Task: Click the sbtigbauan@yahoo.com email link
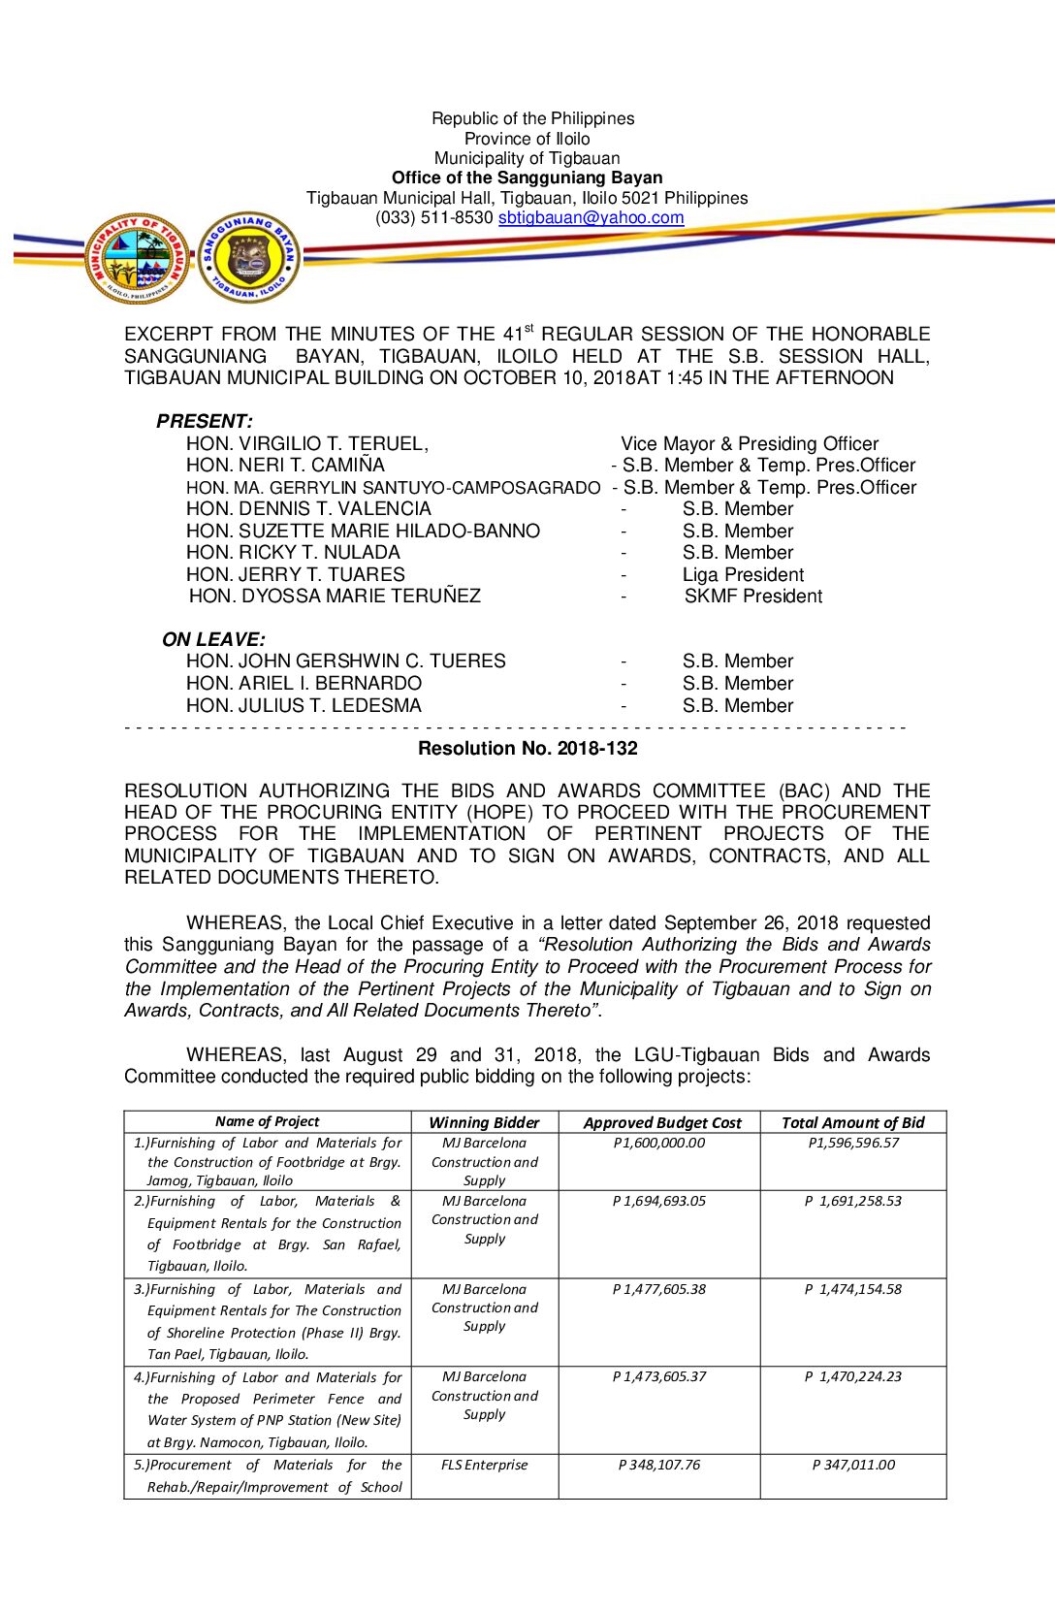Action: tap(591, 218)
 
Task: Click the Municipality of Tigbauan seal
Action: tap(138, 259)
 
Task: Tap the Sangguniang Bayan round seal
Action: tap(249, 259)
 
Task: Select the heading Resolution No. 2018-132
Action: tap(527, 749)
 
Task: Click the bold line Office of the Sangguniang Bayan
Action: tap(527, 178)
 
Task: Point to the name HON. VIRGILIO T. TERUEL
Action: tap(307, 444)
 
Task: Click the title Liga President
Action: tap(743, 575)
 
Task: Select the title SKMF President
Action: tap(752, 597)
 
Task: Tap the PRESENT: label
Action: tap(205, 421)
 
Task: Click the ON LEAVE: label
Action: tap(213, 640)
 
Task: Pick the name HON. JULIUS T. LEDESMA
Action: tap(304, 706)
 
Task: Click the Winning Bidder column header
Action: tap(484, 1122)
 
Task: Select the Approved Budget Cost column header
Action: tap(662, 1122)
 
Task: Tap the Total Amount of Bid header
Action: tap(853, 1122)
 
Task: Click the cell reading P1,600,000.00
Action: tap(659, 1144)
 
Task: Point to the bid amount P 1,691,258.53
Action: tap(853, 1201)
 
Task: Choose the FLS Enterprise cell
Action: tap(484, 1465)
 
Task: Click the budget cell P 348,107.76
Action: tap(659, 1465)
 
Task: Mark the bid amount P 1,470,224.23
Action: tap(853, 1376)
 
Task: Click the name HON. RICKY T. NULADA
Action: tap(293, 553)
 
